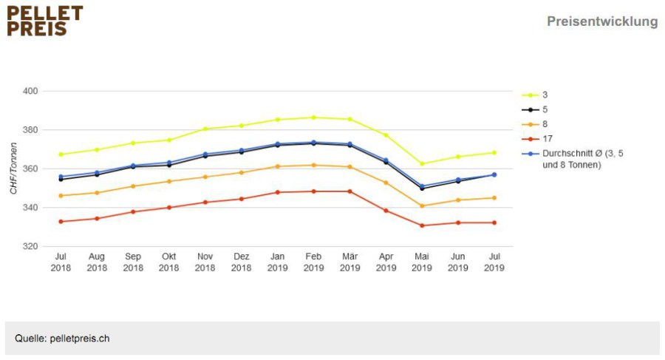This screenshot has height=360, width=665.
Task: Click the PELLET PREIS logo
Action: pyautogui.click(x=45, y=21)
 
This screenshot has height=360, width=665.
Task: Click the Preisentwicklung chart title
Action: pyautogui.click(x=602, y=21)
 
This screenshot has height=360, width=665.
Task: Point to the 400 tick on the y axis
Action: pyautogui.click(x=30, y=91)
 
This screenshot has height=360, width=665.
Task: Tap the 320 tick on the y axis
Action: pyautogui.click(x=30, y=246)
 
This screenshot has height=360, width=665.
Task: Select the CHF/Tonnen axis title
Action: pyautogui.click(x=13, y=168)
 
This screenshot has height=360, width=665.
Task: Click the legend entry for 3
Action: pyautogui.click(x=535, y=95)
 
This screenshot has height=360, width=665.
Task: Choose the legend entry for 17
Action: pyautogui.click(x=537, y=139)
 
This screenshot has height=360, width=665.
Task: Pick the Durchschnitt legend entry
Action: pyautogui.click(x=573, y=159)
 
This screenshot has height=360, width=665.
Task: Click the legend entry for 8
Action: pyautogui.click(x=535, y=124)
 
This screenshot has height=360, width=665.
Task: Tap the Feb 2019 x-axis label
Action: pyautogui.click(x=313, y=262)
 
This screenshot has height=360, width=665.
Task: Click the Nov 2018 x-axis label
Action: pyautogui.click(x=205, y=262)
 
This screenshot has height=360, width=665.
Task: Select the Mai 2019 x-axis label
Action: pyautogui.click(x=422, y=262)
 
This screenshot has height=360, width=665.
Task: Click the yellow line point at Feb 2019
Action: pyautogui.click(x=313, y=118)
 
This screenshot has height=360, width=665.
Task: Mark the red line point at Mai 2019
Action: pyautogui.click(x=422, y=225)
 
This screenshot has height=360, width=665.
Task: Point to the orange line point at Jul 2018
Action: pyautogui.click(x=61, y=196)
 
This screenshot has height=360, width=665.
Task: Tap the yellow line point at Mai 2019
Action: pyautogui.click(x=422, y=163)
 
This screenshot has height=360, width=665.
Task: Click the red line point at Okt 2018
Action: pyautogui.click(x=168, y=208)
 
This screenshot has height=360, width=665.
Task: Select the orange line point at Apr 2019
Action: pyautogui.click(x=386, y=183)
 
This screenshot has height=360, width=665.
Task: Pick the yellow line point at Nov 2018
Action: pyautogui.click(x=205, y=129)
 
